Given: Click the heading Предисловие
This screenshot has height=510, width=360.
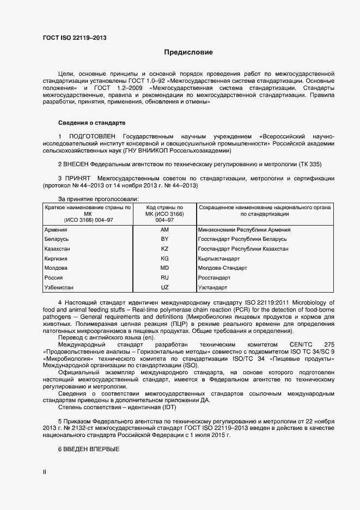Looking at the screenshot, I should pyautogui.click(x=188, y=53).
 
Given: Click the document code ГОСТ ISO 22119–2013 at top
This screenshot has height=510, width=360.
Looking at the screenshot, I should pyautogui.click(x=74, y=38).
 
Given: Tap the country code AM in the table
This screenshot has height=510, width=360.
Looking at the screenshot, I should pyautogui.click(x=164, y=230).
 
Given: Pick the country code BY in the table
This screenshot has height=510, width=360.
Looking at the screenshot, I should pyautogui.click(x=164, y=239).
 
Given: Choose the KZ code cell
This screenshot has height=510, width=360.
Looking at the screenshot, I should pyautogui.click(x=164, y=248).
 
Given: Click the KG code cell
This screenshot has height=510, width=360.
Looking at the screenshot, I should pyautogui.click(x=164, y=258).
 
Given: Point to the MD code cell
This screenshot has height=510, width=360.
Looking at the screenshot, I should pyautogui.click(x=164, y=268).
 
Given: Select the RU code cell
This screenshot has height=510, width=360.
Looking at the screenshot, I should pyautogui.click(x=164, y=277).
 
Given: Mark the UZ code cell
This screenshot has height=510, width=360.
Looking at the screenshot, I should pyautogui.click(x=164, y=287).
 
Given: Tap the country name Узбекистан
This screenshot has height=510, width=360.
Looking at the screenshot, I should pyautogui.click(x=59, y=287).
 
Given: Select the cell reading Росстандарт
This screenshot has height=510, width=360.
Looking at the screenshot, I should pyautogui.click(x=214, y=277).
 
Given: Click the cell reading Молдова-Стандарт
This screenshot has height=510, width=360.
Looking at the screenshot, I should pyautogui.click(x=222, y=268).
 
